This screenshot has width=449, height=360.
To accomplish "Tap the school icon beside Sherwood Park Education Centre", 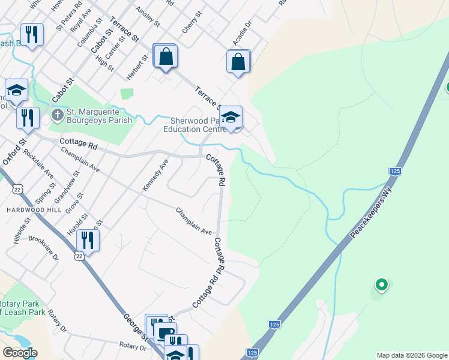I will tap(230, 118).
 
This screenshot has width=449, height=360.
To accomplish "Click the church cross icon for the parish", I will tap(57, 113).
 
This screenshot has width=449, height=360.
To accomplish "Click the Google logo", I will tap(19, 353).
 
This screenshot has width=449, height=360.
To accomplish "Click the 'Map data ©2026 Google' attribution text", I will tap(412, 355).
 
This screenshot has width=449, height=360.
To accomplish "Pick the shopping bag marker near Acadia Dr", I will tap(238, 62).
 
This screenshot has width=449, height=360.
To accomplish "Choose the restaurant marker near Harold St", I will tap(88, 241).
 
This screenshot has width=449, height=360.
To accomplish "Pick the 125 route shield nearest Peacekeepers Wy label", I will tap(395, 172).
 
